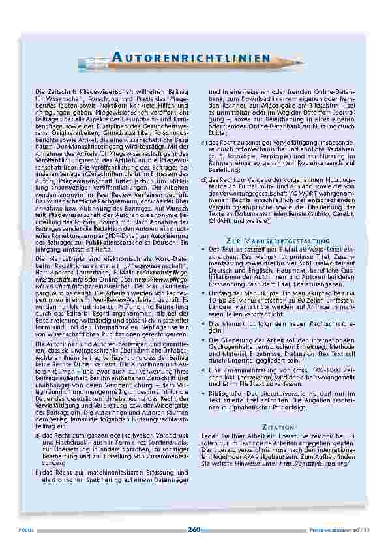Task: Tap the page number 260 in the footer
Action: click(194, 529)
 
